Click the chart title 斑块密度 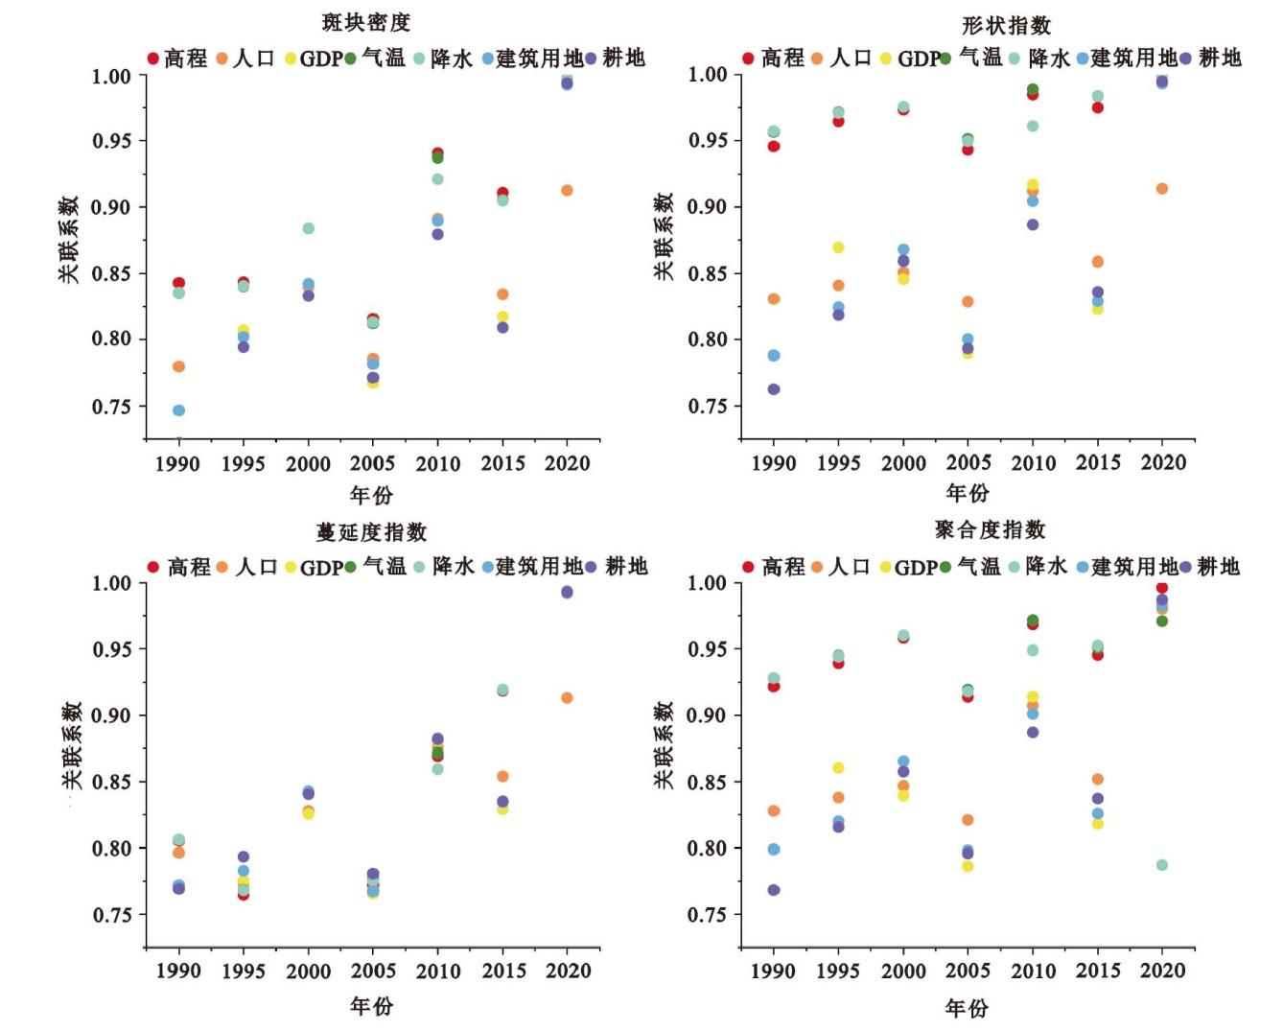366,22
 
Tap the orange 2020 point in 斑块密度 567,190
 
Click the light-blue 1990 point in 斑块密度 178,410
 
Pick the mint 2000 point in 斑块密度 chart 309,228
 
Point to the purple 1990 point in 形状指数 774,389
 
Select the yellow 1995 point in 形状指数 838,247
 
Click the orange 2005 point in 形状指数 968,302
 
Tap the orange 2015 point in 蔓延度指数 502,776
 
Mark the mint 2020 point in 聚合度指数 1162,865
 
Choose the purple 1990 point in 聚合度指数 774,890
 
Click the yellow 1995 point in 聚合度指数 838,767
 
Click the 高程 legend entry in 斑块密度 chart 178,59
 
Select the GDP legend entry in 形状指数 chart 910,59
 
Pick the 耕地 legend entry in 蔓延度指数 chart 618,567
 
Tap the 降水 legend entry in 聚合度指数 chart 1038,567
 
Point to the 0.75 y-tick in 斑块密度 111,407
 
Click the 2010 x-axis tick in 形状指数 1033,463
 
